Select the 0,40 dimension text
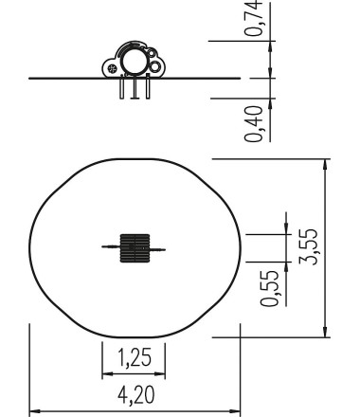[x=255, y=123]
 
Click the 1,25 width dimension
[x=133, y=358]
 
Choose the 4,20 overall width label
[x=133, y=393]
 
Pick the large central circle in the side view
[x=135, y=63]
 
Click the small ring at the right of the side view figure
[x=155, y=67]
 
